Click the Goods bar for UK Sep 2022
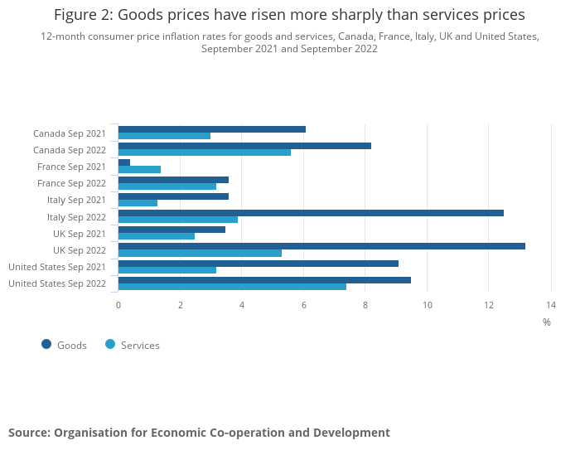[321, 246]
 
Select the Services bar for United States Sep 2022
[232, 286]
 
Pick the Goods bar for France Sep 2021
[124, 162]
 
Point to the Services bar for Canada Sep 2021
[164, 136]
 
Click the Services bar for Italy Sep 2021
[138, 203]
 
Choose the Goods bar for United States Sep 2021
[259, 264]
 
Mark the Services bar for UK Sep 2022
[200, 253]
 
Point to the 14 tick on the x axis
[550, 305]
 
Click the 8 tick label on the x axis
[365, 305]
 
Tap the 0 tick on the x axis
[118, 305]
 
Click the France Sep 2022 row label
[71, 183]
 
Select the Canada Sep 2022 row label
[70, 150]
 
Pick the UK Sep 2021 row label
[80, 234]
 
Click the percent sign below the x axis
[547, 322]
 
